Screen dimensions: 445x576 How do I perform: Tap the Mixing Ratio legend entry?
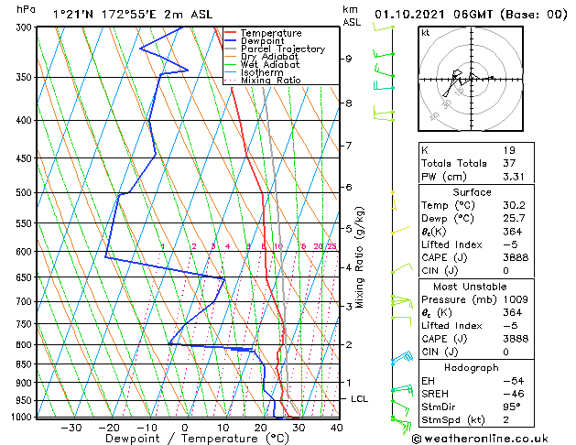click(270, 81)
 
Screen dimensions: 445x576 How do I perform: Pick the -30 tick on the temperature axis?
click(71, 428)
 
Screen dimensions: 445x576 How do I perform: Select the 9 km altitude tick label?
click(348, 59)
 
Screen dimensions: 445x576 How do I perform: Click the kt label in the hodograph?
click(426, 33)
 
